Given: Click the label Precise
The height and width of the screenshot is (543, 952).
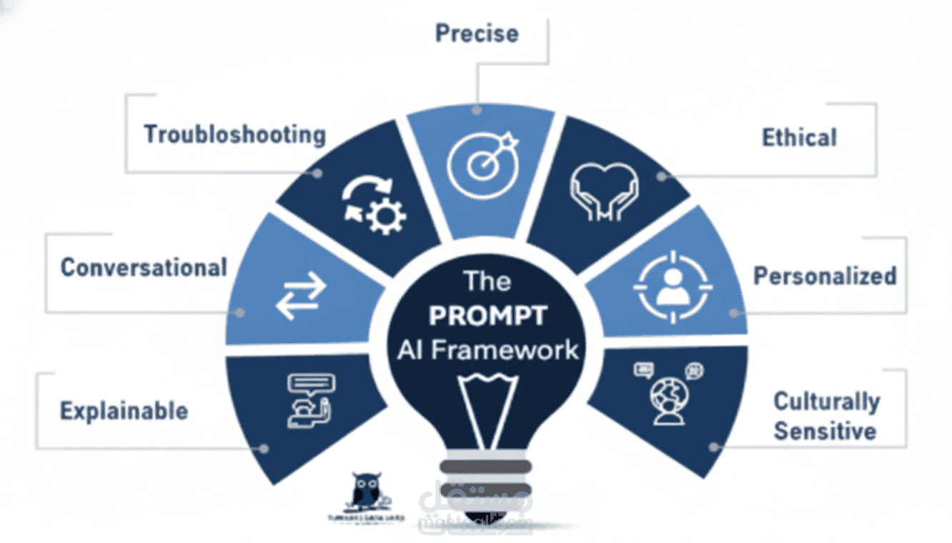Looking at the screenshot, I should (477, 33).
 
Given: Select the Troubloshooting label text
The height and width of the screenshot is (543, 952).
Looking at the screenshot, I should (234, 134).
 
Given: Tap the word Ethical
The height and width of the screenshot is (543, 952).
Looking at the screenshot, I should (798, 137).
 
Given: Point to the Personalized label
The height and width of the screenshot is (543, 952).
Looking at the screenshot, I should (825, 276).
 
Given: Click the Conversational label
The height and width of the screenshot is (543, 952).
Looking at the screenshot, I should (144, 268).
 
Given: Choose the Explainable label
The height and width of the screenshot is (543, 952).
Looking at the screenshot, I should (124, 412).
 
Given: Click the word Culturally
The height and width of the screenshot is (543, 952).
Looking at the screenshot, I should (826, 402).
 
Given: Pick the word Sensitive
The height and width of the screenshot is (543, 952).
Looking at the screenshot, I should (825, 432).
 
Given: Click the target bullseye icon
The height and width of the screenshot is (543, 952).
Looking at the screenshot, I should (480, 164).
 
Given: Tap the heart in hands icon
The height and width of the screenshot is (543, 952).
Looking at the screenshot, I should (605, 189).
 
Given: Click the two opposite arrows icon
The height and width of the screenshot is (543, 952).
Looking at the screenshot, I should (301, 296).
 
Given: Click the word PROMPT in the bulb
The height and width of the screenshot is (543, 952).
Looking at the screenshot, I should (488, 315).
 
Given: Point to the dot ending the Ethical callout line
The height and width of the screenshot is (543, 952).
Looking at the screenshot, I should (662, 176).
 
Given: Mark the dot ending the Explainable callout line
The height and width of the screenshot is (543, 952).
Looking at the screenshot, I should (264, 449).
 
